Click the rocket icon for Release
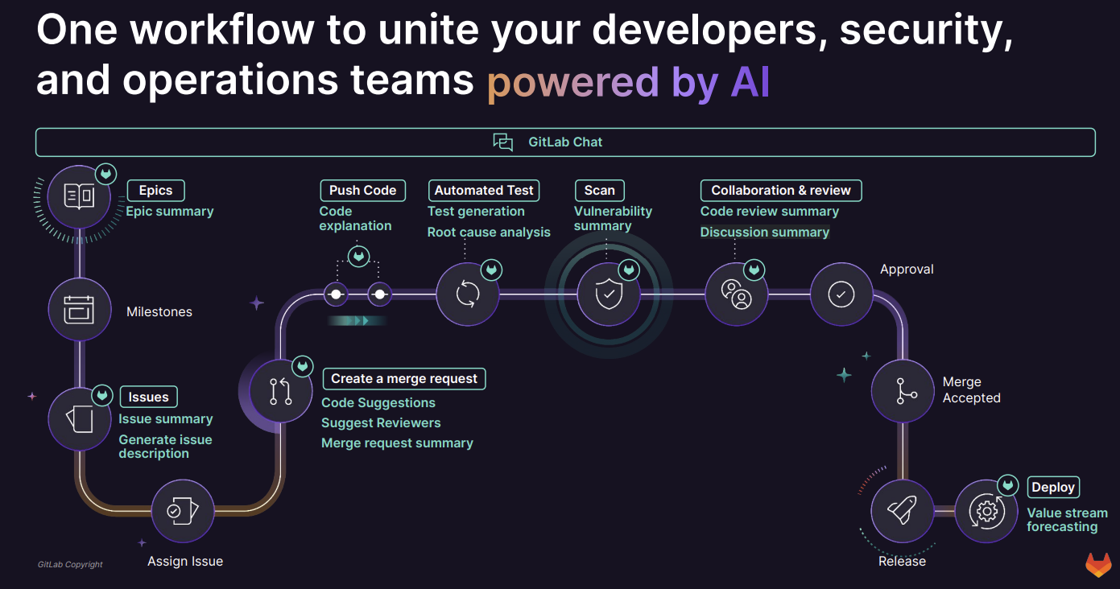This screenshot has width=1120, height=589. pyautogui.click(x=902, y=511)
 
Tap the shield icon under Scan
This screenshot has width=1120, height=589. pyautogui.click(x=609, y=294)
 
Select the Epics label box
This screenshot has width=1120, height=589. pyautogui.click(x=155, y=191)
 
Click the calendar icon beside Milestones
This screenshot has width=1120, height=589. pyautogui.click(x=79, y=309)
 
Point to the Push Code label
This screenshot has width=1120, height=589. pyautogui.click(x=362, y=191)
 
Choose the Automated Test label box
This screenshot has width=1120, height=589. pyautogui.click(x=484, y=191)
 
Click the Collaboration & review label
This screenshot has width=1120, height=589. pyautogui.click(x=780, y=191)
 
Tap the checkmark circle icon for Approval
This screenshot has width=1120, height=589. pyautogui.click(x=841, y=294)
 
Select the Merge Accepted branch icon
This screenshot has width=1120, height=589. pyautogui.click(x=903, y=391)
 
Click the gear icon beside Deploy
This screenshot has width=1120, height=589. pyautogui.click(x=986, y=511)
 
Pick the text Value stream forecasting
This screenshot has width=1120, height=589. pyautogui.click(x=1067, y=520)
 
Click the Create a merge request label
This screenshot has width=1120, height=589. pyautogui.click(x=404, y=379)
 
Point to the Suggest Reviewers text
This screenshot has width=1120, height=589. pyautogui.click(x=381, y=423)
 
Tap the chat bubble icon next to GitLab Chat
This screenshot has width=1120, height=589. pyautogui.click(x=503, y=142)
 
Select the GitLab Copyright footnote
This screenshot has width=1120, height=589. pyautogui.click(x=70, y=565)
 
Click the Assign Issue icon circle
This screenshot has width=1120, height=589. pyautogui.click(x=183, y=511)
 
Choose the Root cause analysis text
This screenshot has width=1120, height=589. pyautogui.click(x=489, y=233)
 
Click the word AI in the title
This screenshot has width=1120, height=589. pyautogui.click(x=750, y=82)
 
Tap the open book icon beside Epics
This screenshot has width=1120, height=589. pyautogui.click(x=79, y=197)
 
